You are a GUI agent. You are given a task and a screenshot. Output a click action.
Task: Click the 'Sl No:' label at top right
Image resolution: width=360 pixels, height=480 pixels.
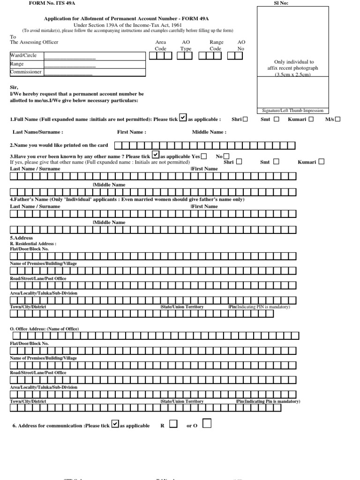[281, 3]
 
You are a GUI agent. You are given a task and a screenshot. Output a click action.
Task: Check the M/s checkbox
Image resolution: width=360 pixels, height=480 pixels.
[338, 119]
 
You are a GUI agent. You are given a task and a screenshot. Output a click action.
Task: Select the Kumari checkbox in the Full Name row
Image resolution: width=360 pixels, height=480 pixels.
[311, 119]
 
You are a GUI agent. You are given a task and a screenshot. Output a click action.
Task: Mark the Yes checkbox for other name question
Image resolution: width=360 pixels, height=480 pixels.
[204, 156]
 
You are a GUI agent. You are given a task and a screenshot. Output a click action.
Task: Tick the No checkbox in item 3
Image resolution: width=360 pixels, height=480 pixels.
[227, 156]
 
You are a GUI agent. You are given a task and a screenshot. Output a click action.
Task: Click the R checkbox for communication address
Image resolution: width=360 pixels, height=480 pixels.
[173, 424]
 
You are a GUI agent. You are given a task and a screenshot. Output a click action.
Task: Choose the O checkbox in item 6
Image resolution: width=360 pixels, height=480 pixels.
[207, 424]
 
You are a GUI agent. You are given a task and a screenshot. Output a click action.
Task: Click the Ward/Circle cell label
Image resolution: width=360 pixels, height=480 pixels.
[23, 55]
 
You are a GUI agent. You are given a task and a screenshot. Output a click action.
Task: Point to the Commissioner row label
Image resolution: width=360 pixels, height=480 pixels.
[26, 72]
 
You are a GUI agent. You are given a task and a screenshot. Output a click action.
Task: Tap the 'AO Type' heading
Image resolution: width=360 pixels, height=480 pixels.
[186, 45]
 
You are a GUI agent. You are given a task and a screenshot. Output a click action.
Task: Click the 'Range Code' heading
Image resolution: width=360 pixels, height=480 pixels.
[216, 45]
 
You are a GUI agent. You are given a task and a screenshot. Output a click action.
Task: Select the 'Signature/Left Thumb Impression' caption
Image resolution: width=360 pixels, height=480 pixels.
[292, 111]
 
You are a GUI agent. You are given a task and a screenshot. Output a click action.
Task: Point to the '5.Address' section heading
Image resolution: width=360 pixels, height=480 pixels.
[22, 238]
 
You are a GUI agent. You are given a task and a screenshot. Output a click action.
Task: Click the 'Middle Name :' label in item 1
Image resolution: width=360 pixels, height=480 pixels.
[209, 132]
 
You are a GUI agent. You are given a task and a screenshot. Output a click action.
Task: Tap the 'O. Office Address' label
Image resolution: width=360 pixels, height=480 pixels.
[45, 329]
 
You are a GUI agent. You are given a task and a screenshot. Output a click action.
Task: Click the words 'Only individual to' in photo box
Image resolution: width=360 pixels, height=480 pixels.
[294, 62]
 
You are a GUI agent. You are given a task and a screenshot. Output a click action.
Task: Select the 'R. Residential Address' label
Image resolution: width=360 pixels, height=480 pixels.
[33, 244]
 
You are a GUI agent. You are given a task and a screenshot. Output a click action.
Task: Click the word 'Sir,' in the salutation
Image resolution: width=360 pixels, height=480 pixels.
[14, 87]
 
